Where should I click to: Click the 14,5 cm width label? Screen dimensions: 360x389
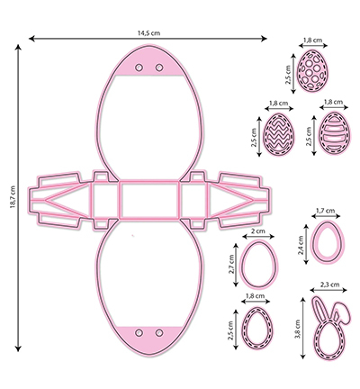148,33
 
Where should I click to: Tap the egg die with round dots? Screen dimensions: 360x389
312,70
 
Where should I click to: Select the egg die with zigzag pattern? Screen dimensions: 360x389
279,134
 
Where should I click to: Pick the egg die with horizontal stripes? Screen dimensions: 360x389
335,133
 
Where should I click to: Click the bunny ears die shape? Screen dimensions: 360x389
329,327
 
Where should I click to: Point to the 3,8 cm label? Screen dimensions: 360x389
298,329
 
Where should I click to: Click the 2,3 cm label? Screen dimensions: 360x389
329,285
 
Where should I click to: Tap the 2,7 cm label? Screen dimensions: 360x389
231,264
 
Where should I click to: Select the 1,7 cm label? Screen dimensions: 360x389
326,211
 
